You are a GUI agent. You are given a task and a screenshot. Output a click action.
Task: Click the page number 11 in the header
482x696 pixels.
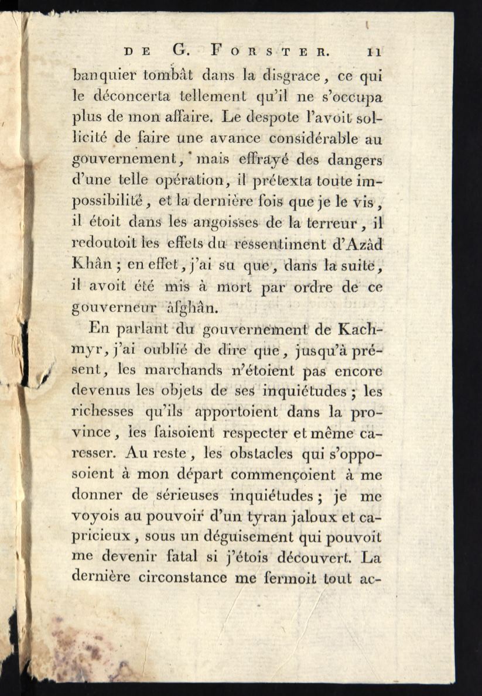(374, 51)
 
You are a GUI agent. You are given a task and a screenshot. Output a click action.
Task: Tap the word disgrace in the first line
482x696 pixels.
(291, 75)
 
